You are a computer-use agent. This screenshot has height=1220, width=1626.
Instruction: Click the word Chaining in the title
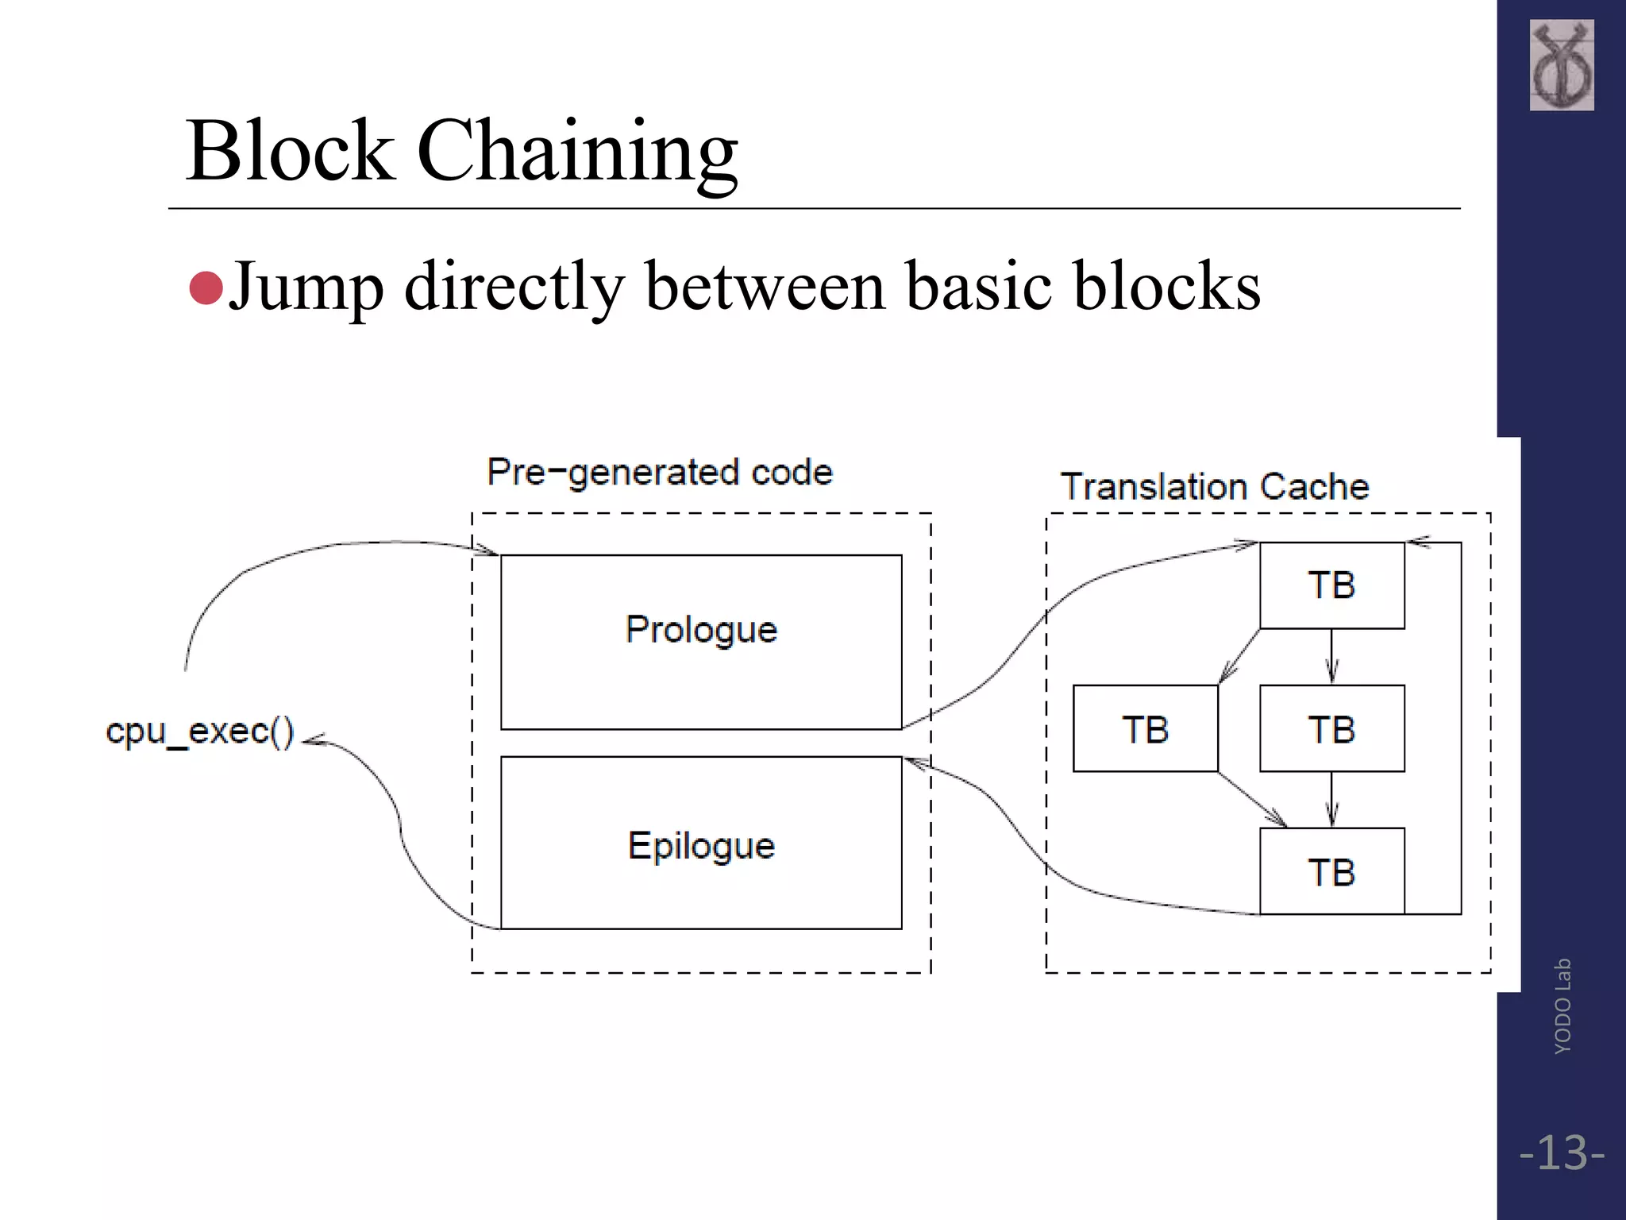577,151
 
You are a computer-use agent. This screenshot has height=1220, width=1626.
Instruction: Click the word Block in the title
290,151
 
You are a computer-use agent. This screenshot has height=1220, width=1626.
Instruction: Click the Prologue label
701,631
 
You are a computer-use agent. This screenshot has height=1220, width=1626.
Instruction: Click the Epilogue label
701,846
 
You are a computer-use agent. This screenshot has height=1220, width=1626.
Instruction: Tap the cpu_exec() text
200,732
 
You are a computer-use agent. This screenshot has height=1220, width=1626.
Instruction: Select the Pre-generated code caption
660,473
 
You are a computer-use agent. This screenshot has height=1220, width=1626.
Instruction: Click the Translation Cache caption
1215,487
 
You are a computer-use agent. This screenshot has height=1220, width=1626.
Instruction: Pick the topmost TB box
1331,585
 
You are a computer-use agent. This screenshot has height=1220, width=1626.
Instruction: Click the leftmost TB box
1145,728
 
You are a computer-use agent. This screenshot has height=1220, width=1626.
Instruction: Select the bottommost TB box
1331,871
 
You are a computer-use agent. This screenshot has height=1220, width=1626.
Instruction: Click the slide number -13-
1561,1153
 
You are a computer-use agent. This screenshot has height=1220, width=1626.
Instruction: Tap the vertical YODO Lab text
1562,1006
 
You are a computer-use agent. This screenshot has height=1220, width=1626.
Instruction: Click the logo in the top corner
1561,65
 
